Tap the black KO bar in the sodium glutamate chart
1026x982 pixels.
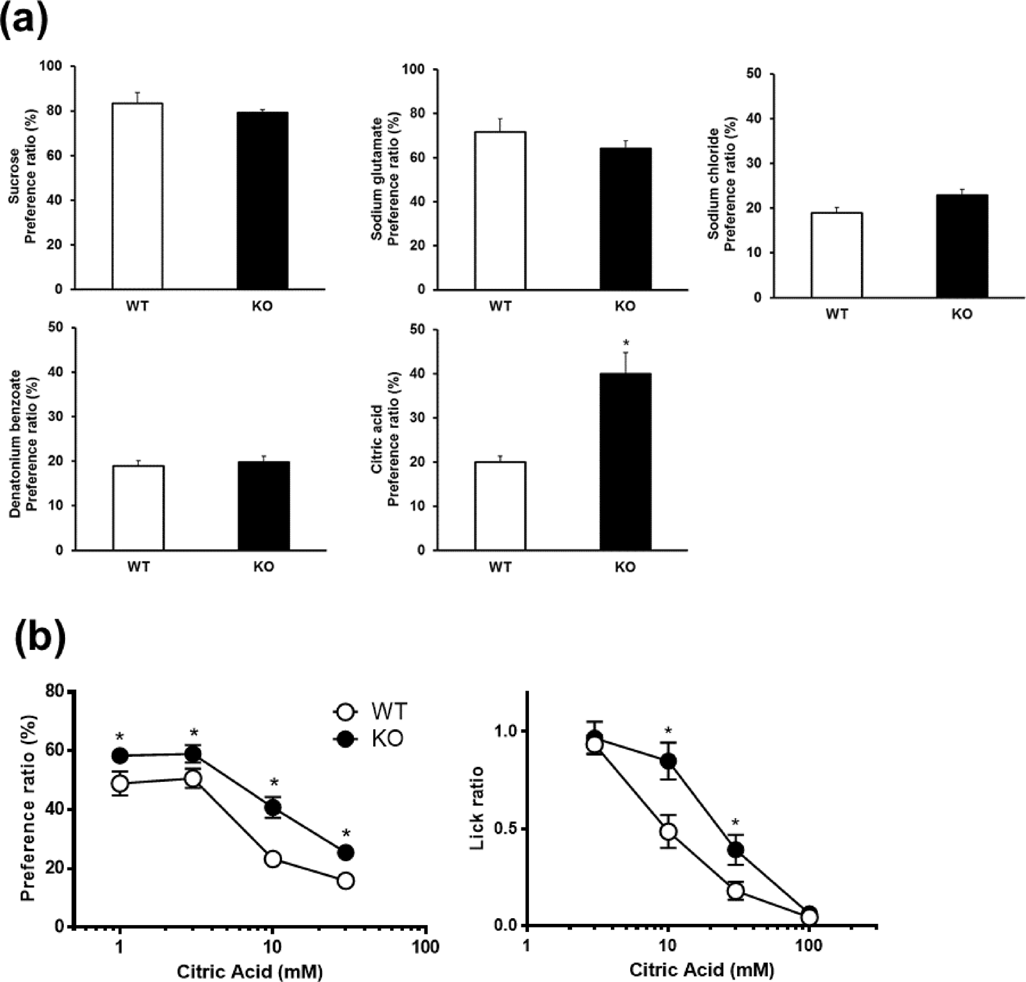pyautogui.click(x=625, y=219)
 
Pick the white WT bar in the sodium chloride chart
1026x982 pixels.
pyautogui.click(x=837, y=255)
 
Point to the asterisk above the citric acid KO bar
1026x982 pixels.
pyautogui.click(x=626, y=343)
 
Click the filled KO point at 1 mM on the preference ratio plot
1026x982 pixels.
pyautogui.click(x=120, y=756)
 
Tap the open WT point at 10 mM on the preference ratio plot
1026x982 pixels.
pyautogui.click(x=273, y=859)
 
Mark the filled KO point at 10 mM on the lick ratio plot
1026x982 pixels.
pyautogui.click(x=668, y=761)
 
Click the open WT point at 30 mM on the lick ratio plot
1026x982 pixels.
pyautogui.click(x=736, y=891)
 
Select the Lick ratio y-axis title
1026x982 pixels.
pyautogui.click(x=478, y=807)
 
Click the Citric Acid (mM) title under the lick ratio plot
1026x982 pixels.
pyautogui.click(x=702, y=970)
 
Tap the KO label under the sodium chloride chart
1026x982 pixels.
pyautogui.click(x=962, y=315)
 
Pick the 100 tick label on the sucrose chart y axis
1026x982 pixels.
pyautogui.click(x=53, y=66)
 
